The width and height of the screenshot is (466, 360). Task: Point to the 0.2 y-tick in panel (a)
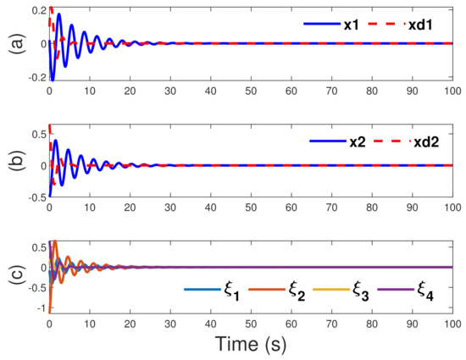[x=35, y=9]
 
